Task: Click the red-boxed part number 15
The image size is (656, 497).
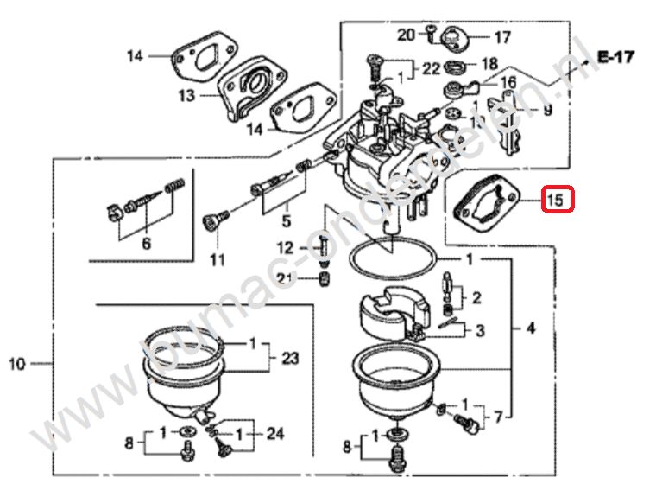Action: [557, 201]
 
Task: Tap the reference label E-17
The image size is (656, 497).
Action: [615, 57]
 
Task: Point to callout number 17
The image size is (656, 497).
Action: [501, 37]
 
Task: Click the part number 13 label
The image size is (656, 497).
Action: [186, 96]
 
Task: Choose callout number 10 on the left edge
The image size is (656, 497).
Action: [17, 365]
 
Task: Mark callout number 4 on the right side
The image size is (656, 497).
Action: [530, 328]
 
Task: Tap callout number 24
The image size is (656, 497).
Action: [274, 434]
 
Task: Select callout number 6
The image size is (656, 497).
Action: [145, 244]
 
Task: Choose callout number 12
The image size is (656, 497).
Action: [286, 249]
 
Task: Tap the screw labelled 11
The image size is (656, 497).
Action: [212, 221]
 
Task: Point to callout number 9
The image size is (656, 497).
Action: [546, 110]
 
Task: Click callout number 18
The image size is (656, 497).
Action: [489, 64]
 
